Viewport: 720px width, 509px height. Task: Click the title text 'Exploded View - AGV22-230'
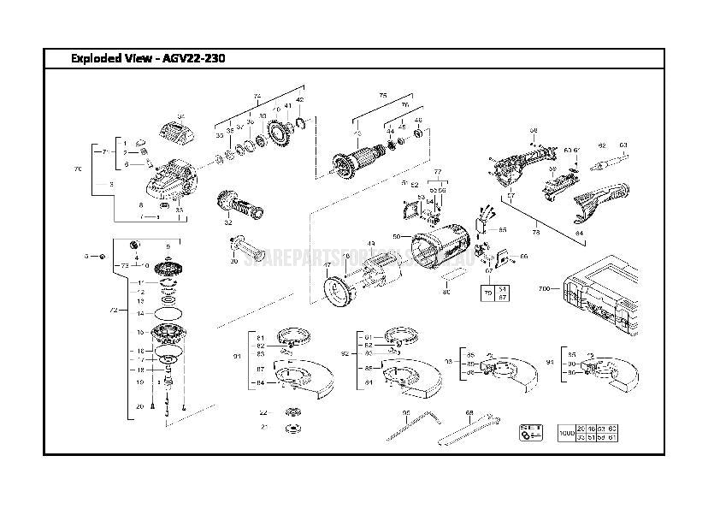pos(149,58)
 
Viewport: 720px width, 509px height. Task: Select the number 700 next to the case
pos(545,290)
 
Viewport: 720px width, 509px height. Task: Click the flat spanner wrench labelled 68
pos(469,427)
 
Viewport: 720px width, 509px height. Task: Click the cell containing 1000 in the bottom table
pos(564,432)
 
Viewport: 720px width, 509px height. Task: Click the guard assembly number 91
pos(237,355)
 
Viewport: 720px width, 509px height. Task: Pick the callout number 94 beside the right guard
pos(550,361)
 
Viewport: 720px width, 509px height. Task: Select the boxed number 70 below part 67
pos(488,293)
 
